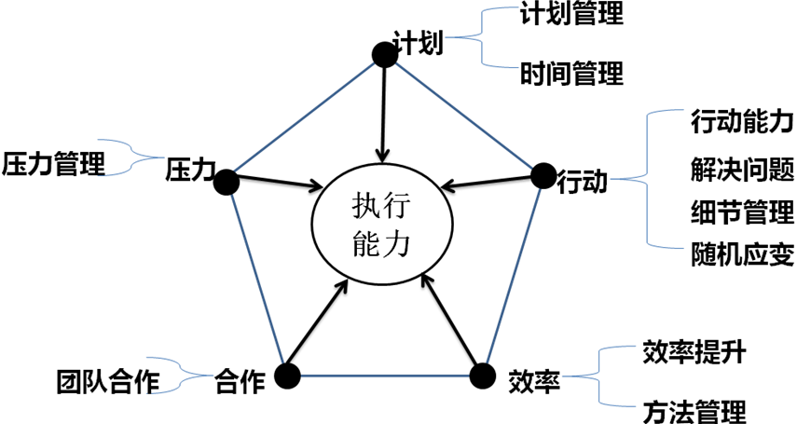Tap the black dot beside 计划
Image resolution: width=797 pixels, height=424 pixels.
[385, 54]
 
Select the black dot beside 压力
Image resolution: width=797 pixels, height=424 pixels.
[227, 182]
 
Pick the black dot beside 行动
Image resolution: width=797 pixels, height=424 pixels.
[543, 176]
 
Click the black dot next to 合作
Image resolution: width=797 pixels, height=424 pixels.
[287, 376]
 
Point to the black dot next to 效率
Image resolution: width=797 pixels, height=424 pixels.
[482, 376]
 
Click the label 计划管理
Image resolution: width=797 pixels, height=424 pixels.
[571, 13]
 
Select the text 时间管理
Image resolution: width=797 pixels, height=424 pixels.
[571, 74]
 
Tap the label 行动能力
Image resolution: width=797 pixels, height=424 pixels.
[742, 122]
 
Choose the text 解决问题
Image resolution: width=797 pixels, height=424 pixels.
[742, 170]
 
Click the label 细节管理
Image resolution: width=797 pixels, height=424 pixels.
[742, 212]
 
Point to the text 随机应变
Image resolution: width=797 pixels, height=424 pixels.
[742, 254]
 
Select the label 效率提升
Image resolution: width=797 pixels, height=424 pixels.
[694, 352]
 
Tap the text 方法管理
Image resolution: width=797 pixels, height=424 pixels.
[694, 411]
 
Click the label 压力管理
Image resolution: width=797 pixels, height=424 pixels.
[53, 164]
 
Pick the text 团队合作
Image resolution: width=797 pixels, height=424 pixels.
[108, 382]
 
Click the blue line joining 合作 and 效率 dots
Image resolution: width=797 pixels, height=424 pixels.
[385, 376]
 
